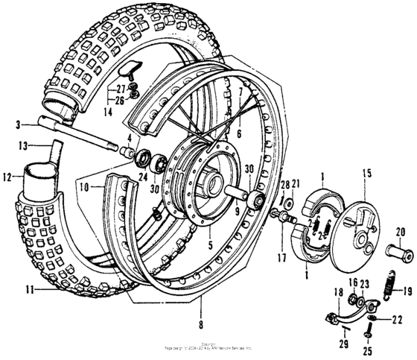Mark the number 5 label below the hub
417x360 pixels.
211,244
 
